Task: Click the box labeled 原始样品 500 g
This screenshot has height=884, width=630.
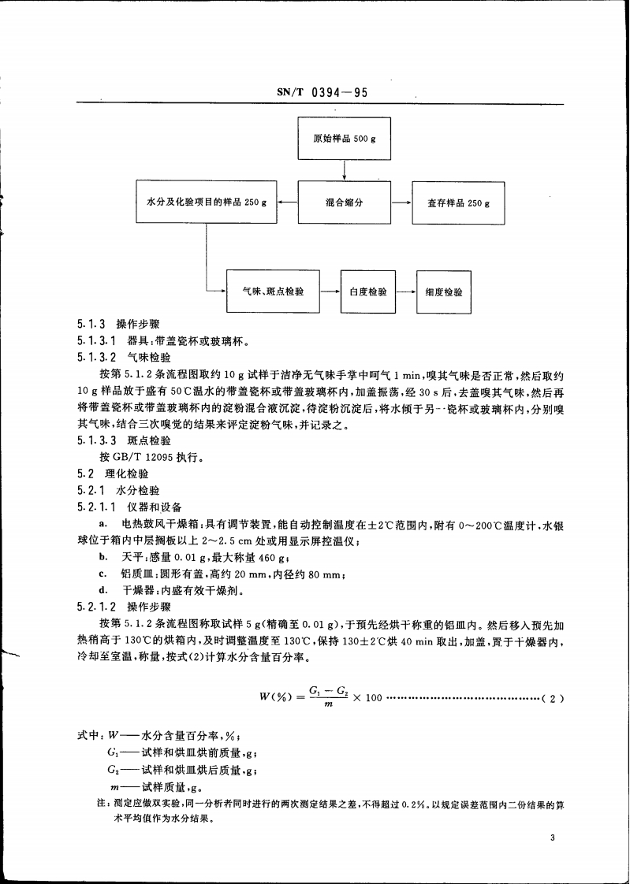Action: point(345,139)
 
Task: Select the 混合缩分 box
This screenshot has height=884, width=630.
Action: point(345,202)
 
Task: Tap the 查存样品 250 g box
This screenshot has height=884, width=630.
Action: point(458,202)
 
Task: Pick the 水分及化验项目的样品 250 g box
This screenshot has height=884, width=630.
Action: point(207,202)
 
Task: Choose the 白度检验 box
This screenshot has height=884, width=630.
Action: point(367,292)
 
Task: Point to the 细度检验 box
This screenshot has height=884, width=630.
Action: point(444,292)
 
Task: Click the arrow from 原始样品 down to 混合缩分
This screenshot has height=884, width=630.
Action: point(345,170)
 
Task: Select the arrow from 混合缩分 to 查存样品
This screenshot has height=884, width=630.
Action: point(401,202)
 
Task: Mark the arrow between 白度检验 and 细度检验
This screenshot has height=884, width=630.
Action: point(406,292)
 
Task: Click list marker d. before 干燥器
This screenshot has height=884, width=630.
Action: point(103,589)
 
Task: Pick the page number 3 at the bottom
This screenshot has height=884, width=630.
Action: point(554,838)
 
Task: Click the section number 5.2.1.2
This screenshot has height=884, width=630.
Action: point(97,607)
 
